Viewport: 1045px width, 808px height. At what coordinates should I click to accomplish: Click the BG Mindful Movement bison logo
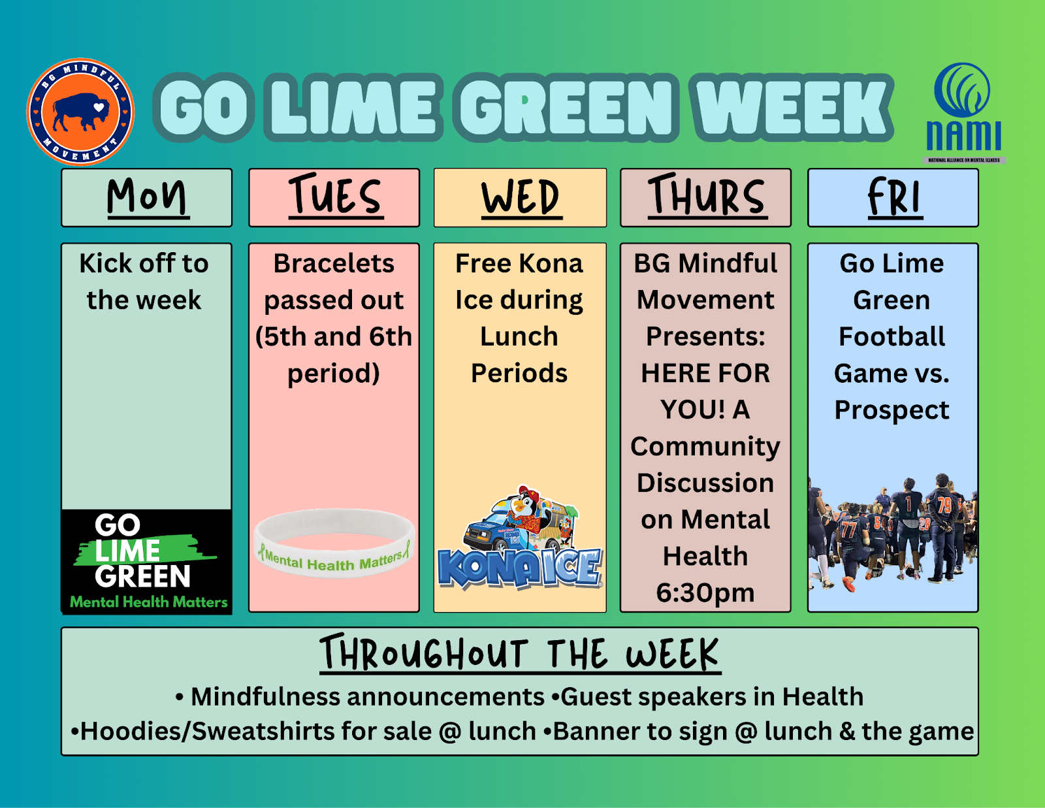point(80,112)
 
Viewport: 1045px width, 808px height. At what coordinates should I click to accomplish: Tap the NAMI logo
point(964,113)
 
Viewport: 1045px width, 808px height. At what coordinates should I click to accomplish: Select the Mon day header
point(147,197)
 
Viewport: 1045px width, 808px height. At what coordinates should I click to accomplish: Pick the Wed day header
point(521,197)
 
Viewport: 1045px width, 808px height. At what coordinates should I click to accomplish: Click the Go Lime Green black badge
point(147,561)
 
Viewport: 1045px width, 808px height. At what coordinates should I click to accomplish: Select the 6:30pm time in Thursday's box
point(705,593)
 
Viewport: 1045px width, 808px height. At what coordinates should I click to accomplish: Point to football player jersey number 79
point(944,506)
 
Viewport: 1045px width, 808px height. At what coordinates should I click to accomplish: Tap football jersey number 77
point(848,530)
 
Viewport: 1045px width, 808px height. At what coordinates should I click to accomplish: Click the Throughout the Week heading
point(521,653)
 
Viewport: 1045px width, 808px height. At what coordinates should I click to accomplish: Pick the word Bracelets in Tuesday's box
point(334,263)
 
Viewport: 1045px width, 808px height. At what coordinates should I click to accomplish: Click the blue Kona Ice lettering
point(519,568)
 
